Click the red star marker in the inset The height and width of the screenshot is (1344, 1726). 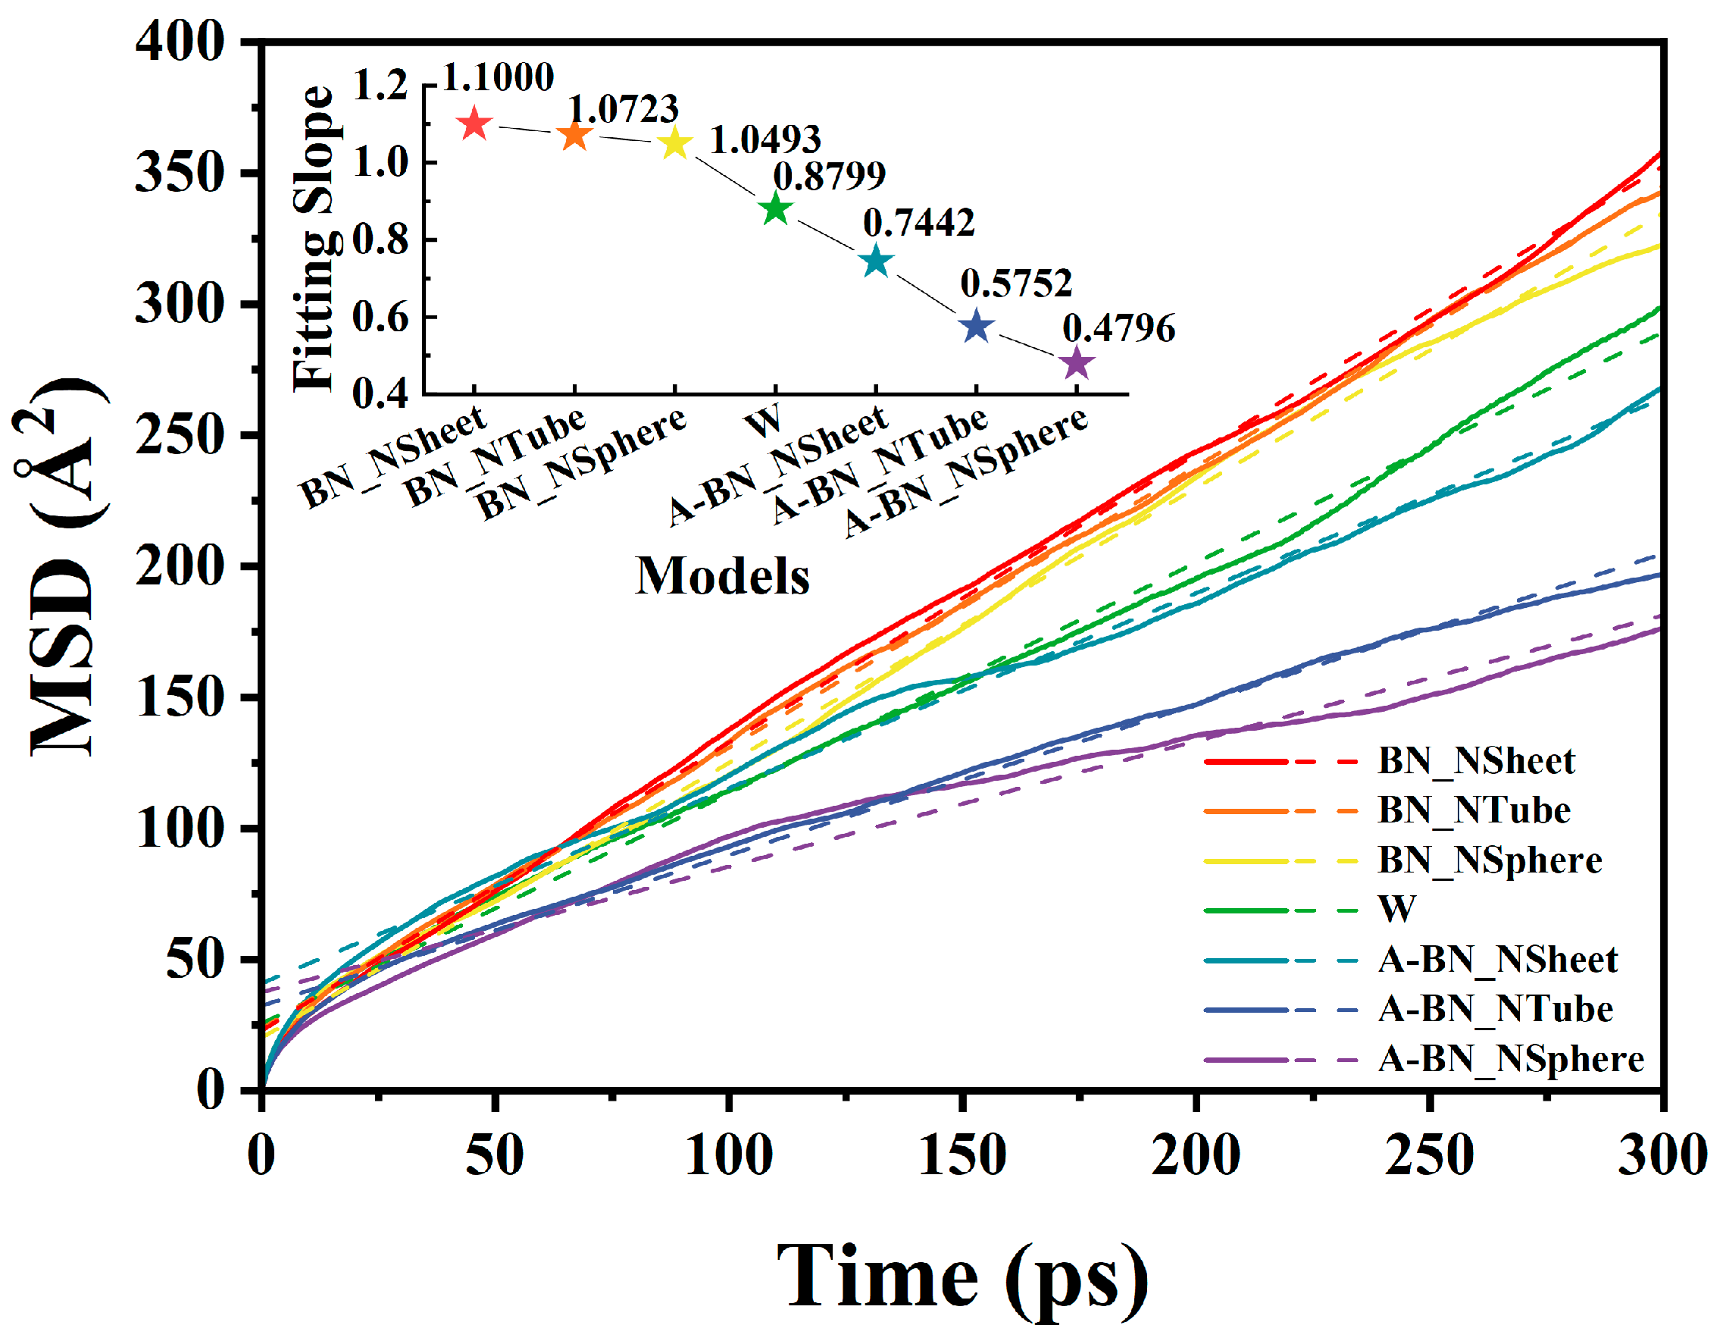click(x=474, y=124)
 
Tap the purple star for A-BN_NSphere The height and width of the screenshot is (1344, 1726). click(x=1077, y=365)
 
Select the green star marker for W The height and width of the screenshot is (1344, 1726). click(x=776, y=209)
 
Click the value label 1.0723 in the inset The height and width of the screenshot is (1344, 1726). click(x=624, y=109)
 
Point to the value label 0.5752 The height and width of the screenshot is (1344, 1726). click(x=1016, y=283)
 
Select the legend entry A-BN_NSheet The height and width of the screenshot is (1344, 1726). click(x=1498, y=960)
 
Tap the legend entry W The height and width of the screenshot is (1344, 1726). click(x=1397, y=909)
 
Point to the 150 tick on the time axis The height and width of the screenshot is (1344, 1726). click(x=961, y=1155)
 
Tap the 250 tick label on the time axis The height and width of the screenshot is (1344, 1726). click(x=1429, y=1155)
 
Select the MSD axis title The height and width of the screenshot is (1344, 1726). click(x=63, y=565)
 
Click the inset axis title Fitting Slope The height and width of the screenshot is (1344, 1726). click(x=314, y=237)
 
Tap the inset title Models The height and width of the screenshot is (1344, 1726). click(x=722, y=575)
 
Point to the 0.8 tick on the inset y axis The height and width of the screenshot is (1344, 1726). click(x=381, y=240)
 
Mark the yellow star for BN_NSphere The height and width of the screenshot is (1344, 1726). click(x=675, y=143)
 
